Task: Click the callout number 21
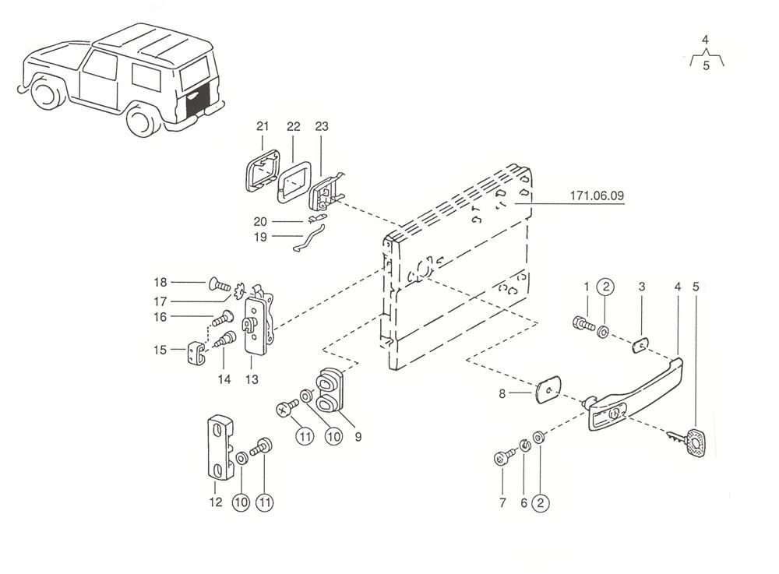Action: (x=262, y=126)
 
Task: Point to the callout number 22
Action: (x=293, y=126)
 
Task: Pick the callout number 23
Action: (x=322, y=126)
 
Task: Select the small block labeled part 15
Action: (x=196, y=354)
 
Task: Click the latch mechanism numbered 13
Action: (x=259, y=324)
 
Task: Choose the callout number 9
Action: (x=358, y=437)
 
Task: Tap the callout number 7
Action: (x=502, y=502)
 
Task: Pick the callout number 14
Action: (x=224, y=379)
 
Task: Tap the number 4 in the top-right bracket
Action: (x=705, y=39)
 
